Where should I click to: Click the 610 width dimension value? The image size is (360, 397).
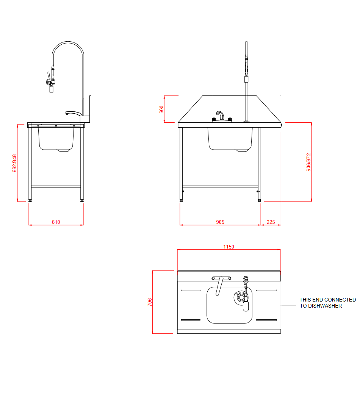tap(56, 222)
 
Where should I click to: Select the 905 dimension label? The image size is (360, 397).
tap(220, 222)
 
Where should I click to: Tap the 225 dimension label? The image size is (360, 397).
tap(271, 222)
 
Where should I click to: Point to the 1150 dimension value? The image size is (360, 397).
tap(229, 247)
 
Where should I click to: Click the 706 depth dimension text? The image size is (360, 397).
tap(150, 302)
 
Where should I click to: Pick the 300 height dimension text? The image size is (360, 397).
tap(161, 109)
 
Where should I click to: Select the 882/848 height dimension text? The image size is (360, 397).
tap(14, 163)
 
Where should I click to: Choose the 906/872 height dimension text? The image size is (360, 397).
tap(308, 162)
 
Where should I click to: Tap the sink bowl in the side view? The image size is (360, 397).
tap(56, 139)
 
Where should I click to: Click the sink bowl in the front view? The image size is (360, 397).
tap(230, 139)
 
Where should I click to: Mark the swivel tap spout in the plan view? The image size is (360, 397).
tap(219, 286)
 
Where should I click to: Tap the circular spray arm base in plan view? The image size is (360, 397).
tap(239, 297)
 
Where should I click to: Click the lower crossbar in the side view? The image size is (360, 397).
tap(56, 186)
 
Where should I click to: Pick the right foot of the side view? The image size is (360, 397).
tap(81, 199)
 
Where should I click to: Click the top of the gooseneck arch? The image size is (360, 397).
tap(68, 42)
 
